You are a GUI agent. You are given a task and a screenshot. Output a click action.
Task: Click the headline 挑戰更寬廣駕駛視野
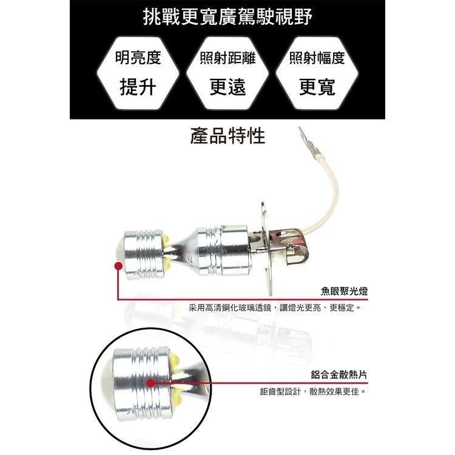[227, 18]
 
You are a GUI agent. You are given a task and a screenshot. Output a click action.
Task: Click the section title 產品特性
[227, 135]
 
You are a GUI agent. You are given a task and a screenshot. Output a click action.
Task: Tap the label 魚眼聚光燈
[344, 292]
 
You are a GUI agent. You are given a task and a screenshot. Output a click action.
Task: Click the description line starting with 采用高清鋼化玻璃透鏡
[275, 309]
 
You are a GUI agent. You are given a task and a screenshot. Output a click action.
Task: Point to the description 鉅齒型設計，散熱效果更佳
[313, 393]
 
